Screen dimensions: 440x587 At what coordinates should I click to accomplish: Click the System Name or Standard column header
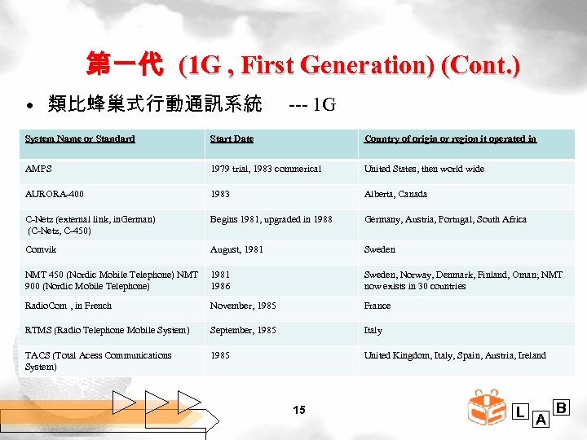[80, 139]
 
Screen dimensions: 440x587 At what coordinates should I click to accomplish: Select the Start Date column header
[232, 139]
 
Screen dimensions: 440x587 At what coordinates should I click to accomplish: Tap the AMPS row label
[38, 169]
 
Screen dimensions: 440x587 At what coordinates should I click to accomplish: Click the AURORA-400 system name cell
[55, 194]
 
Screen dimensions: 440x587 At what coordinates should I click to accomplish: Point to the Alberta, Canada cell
[395, 194]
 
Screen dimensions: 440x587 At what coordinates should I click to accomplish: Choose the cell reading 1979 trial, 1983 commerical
[266, 169]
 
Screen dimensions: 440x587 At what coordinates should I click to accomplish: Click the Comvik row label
[41, 249]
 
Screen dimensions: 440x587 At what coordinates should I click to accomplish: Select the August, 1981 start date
[236, 249]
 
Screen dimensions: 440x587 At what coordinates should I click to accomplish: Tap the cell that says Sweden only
[379, 249]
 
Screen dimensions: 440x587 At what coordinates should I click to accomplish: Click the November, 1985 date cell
[243, 306]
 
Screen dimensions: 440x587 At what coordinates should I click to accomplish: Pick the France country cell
[377, 306]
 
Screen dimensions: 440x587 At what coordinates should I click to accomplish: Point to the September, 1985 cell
[243, 330]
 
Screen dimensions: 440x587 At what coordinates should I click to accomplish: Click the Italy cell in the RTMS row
[373, 330]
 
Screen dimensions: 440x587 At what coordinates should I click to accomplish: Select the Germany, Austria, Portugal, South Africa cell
[445, 219]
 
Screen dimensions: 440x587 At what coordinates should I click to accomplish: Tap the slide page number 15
[299, 410]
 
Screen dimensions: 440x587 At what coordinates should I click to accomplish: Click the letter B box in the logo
[563, 407]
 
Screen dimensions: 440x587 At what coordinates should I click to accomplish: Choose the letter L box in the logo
[519, 412]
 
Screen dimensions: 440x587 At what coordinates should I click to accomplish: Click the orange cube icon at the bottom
[486, 407]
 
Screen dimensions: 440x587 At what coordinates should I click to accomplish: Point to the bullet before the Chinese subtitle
[29, 107]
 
